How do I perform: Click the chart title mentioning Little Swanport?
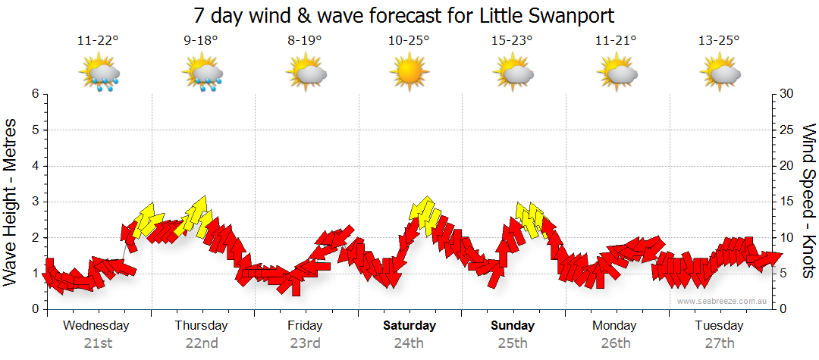(403, 15)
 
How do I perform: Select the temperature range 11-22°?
(97, 41)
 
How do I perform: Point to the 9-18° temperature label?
(201, 41)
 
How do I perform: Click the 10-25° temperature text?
(409, 41)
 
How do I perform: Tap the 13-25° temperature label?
(718, 41)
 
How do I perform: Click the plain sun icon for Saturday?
(409, 74)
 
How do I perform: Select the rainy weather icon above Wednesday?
(99, 74)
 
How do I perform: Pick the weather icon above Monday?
(617, 74)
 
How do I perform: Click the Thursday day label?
(201, 326)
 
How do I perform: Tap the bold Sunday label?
(513, 326)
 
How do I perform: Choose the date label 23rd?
(305, 343)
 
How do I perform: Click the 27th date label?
(719, 343)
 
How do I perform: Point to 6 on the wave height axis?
(35, 94)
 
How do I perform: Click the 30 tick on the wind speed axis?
(787, 94)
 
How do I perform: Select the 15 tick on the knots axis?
(787, 202)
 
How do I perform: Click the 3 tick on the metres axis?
(35, 202)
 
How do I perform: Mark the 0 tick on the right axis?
(784, 309)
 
